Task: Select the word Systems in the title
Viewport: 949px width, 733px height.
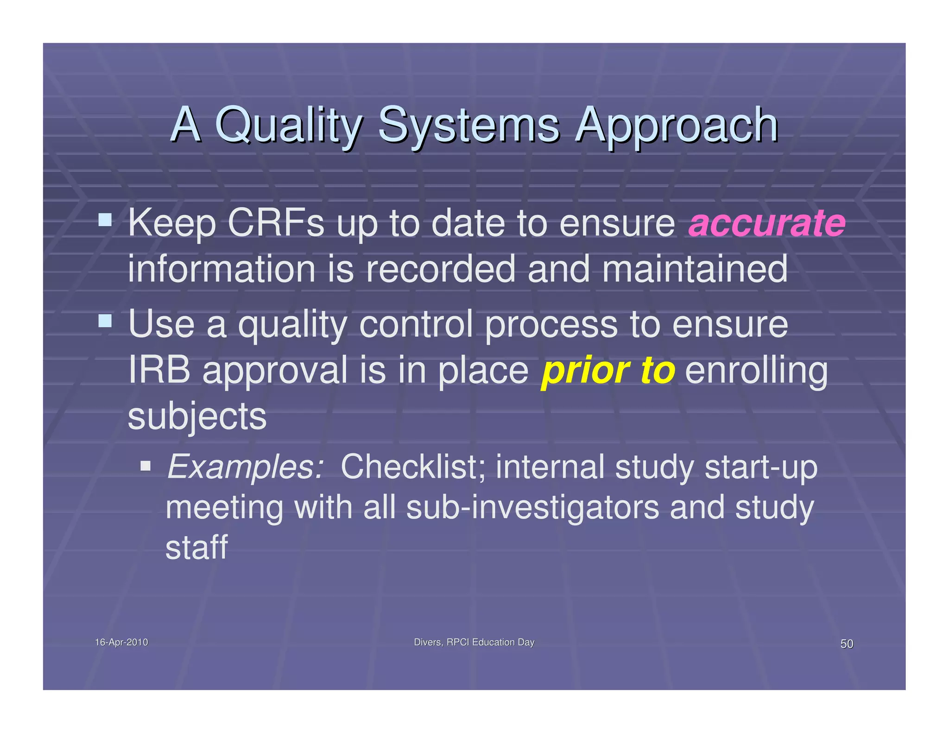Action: tap(468, 125)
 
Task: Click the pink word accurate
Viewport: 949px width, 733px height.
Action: tap(766, 223)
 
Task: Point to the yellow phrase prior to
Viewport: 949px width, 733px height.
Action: tap(607, 371)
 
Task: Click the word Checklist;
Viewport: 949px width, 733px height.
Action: tap(413, 467)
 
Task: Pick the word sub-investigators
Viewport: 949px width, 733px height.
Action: tap(532, 507)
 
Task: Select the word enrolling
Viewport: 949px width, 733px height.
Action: tap(756, 371)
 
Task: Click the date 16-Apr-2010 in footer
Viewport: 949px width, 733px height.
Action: tap(121, 642)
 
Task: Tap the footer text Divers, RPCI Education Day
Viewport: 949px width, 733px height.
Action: tap(474, 642)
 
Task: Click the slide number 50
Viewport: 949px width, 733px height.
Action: tap(846, 644)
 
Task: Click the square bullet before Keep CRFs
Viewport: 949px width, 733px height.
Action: tap(105, 219)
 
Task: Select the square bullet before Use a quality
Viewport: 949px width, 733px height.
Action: tap(105, 320)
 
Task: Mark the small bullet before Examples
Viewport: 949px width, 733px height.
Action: tap(146, 465)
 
